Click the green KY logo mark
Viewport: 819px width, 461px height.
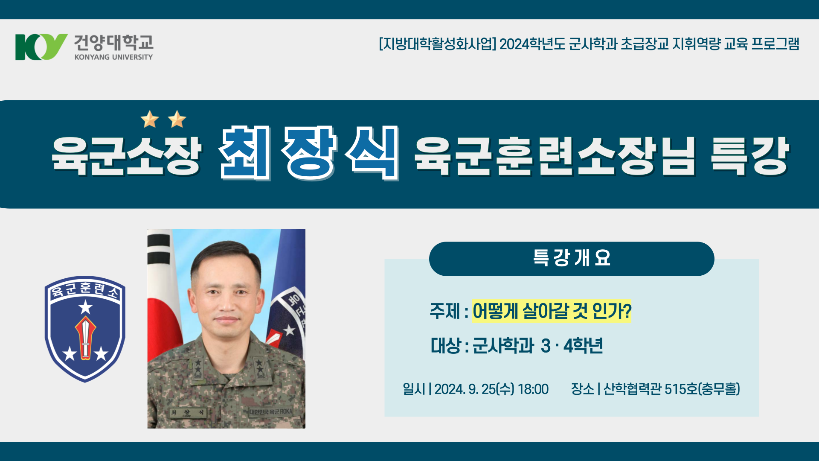point(41,47)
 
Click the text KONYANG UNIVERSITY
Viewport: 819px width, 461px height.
point(113,57)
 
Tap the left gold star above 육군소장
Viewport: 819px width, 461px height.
point(150,119)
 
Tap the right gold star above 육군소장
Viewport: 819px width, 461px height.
point(177,119)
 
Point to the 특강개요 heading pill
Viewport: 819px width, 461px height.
point(572,259)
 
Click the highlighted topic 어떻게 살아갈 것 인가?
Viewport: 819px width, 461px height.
point(552,311)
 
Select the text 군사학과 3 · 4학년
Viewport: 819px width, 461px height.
point(537,346)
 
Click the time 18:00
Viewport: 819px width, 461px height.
point(533,389)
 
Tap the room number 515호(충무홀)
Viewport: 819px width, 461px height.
point(702,389)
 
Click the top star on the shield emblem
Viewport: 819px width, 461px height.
point(86,306)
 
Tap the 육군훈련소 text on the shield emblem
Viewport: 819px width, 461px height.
point(85,290)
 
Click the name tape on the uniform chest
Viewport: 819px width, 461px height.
point(188,413)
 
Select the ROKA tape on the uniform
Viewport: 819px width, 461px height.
point(271,412)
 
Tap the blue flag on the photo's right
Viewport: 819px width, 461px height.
point(288,307)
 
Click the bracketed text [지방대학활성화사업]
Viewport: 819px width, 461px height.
point(437,44)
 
